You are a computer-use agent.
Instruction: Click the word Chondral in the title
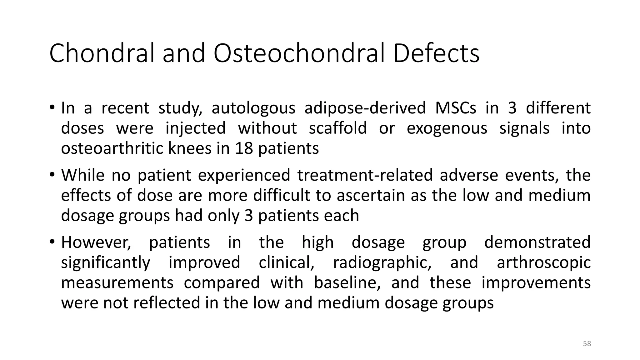[x=102, y=53]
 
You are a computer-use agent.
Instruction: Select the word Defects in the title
[x=436, y=53]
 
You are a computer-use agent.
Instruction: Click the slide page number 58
[x=587, y=344]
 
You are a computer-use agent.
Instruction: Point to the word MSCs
[x=456, y=108]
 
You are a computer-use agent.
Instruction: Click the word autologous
[x=253, y=108]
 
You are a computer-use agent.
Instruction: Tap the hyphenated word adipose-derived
[x=365, y=108]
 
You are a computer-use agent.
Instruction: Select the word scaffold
[x=338, y=128]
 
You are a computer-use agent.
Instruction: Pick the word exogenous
[x=447, y=128]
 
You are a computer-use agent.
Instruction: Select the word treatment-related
[x=365, y=175]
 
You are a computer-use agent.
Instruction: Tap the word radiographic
[x=382, y=262]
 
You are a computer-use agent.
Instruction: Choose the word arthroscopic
[x=543, y=262]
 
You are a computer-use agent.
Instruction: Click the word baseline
[x=347, y=282]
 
